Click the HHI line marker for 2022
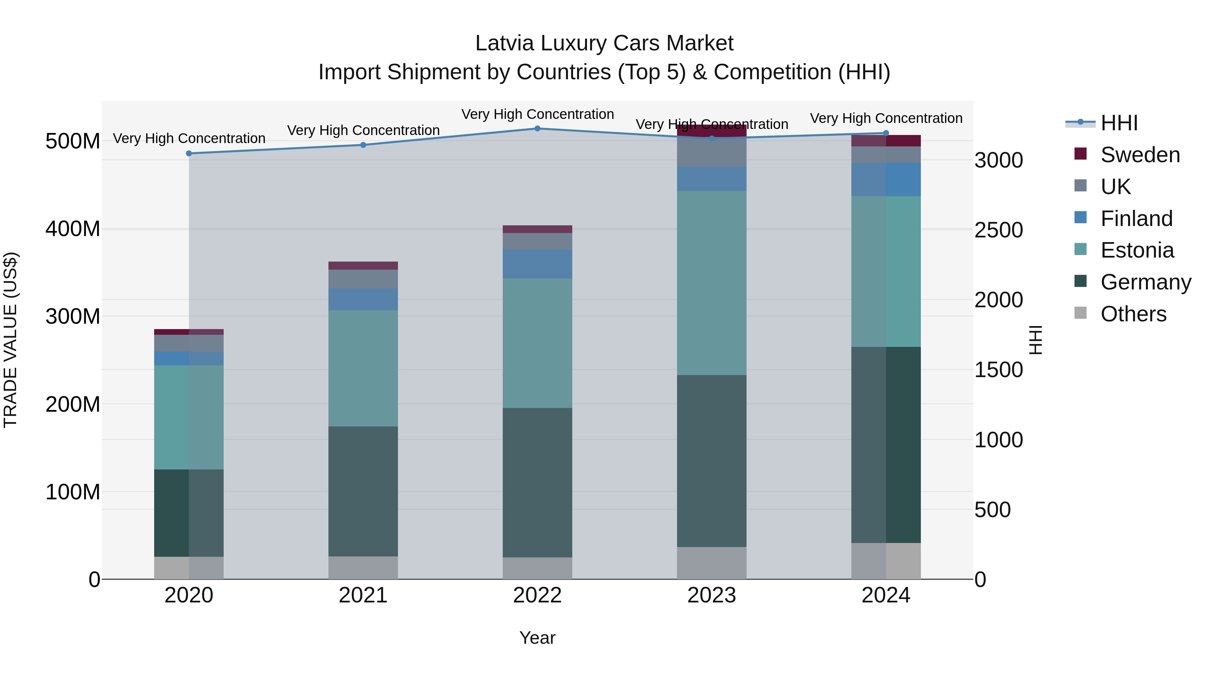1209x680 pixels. tap(537, 129)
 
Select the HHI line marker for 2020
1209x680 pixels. tap(189, 153)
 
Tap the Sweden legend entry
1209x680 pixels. tap(1139, 155)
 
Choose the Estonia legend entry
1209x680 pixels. tap(1137, 250)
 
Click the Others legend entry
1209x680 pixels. tap(1133, 314)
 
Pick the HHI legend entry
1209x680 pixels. tap(1119, 123)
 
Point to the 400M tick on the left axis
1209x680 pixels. tap(73, 229)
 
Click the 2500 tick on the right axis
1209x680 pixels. tap(998, 230)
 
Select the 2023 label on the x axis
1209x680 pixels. tap(712, 595)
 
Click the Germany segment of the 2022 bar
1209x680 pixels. tap(537, 483)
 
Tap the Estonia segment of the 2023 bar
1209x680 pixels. tap(712, 283)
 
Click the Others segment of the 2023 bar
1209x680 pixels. tap(712, 563)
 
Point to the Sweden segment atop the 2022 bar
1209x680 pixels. tap(537, 229)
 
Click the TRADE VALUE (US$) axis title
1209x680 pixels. tap(10, 340)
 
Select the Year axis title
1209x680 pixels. tap(537, 638)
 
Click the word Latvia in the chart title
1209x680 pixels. tap(504, 43)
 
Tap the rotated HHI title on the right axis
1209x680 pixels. tap(1035, 340)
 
